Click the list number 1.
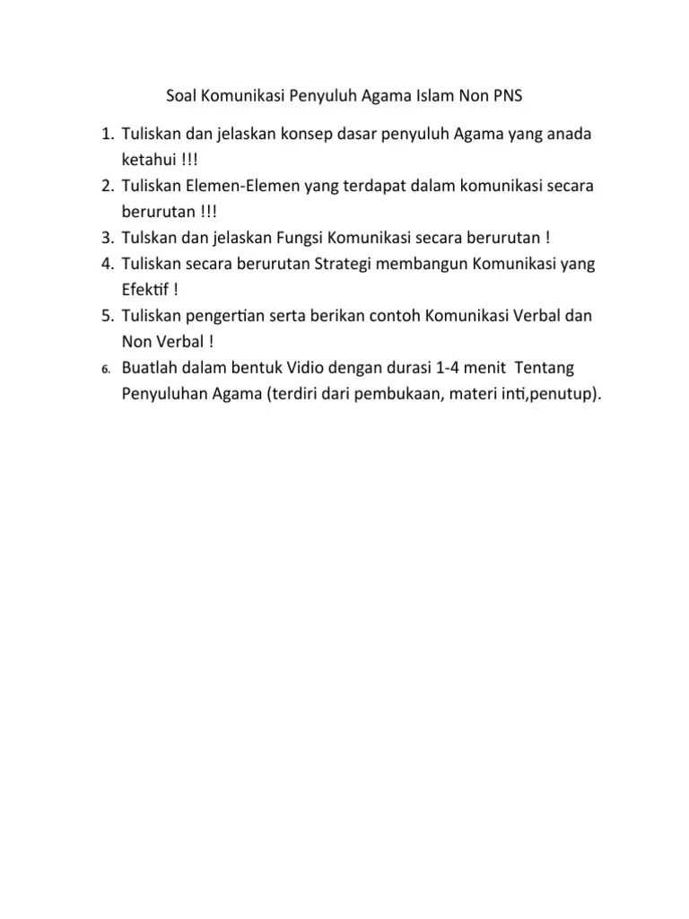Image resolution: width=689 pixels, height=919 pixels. point(104,135)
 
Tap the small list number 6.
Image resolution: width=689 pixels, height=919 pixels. point(105,369)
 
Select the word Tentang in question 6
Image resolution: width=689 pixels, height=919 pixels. point(547,368)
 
